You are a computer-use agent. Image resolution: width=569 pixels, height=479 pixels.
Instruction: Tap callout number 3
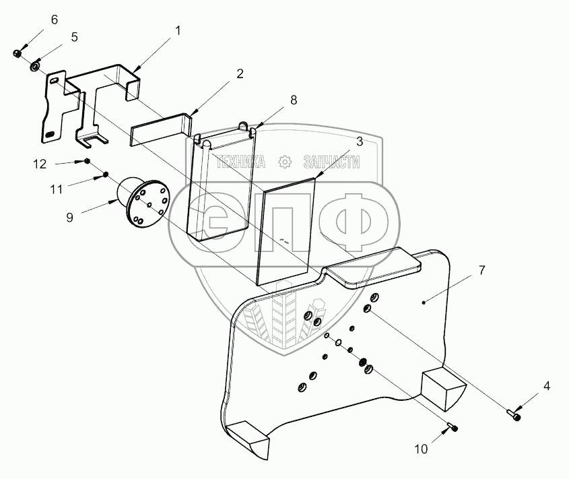(360, 141)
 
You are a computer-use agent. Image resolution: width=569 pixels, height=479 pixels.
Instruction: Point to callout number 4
(547, 386)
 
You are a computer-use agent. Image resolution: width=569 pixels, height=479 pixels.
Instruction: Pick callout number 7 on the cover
(481, 270)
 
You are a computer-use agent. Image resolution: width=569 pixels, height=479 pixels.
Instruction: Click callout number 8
(293, 100)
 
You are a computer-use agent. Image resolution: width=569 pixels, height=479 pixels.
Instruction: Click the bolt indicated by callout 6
(18, 53)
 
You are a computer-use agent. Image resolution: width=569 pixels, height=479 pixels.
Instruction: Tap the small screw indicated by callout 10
(452, 426)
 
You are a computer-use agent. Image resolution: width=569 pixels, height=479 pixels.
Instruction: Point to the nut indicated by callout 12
(88, 161)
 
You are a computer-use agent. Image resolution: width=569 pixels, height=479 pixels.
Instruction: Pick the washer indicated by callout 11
(105, 176)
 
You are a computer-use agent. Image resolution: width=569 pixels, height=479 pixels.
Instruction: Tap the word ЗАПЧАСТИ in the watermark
(332, 162)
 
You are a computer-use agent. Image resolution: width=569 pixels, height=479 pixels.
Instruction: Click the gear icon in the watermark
(284, 162)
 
